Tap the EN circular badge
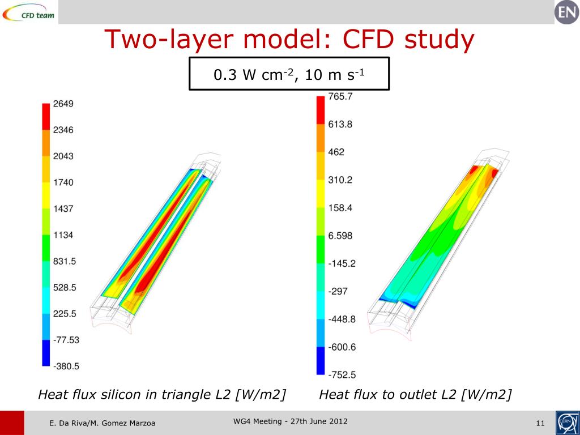click(566, 12)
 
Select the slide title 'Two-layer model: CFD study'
click(289, 40)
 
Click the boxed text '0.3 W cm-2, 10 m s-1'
click(289, 74)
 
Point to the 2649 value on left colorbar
click(63, 104)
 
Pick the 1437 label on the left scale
click(63, 208)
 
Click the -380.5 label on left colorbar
click(66, 366)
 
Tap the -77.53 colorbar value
click(66, 340)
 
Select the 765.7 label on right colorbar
click(340, 97)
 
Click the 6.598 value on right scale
click(340, 236)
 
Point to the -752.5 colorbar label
click(342, 374)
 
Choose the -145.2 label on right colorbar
click(342, 263)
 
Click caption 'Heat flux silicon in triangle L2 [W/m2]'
click(161, 394)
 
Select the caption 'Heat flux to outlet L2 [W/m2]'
click(415, 394)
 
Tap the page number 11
click(539, 424)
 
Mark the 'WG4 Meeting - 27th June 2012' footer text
click(291, 421)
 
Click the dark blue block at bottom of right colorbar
click(321, 361)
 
